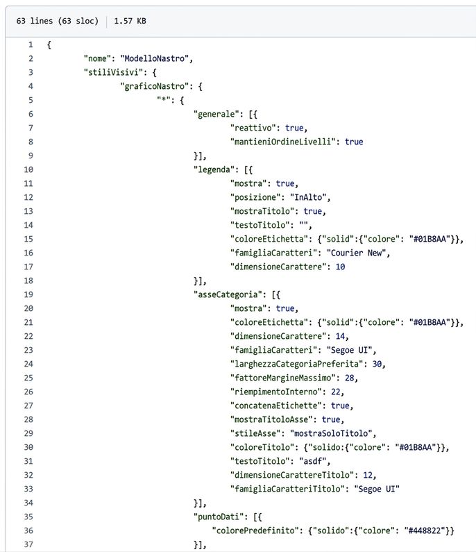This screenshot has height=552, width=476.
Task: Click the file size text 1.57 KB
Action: [130, 21]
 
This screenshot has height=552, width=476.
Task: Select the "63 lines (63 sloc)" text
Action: [58, 21]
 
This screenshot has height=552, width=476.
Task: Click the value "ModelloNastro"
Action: [155, 58]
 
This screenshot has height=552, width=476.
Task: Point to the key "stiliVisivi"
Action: [113, 72]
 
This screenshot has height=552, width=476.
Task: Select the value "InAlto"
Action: [308, 197]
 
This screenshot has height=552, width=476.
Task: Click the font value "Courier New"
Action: [357, 253]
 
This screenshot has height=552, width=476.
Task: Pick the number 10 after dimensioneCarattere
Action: [340, 267]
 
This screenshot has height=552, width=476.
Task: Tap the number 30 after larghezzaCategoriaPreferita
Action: [377, 364]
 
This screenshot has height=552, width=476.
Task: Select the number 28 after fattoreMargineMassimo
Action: [349, 378]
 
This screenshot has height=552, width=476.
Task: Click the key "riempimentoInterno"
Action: [276, 392]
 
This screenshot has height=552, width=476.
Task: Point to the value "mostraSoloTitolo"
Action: [331, 433]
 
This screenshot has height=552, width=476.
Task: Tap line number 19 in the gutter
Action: [28, 294]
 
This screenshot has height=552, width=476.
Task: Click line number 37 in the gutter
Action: [28, 544]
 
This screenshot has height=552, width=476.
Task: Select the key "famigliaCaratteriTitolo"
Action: [287, 489]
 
